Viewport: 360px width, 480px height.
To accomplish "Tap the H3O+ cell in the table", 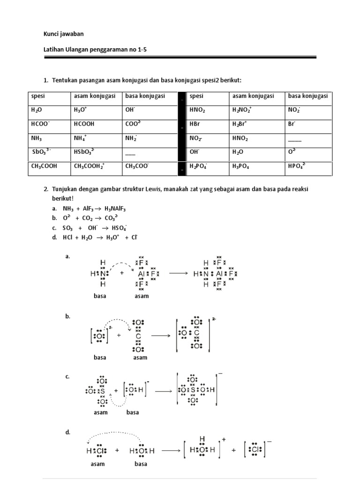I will [81, 111].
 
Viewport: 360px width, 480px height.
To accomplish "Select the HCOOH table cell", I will [84, 124].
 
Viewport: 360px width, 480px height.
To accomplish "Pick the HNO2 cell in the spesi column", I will [197, 111].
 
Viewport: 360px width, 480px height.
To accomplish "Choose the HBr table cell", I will [195, 124].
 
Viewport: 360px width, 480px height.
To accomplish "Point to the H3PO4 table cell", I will [242, 166].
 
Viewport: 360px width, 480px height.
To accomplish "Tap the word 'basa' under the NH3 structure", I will [100, 296].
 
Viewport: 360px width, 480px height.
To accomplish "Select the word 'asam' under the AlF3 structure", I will [141, 296].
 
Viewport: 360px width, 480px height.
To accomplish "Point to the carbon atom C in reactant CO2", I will [138, 336].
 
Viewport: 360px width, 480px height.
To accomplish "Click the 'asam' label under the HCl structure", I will [97, 464].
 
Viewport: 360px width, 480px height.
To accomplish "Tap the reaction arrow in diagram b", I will [161, 336].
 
